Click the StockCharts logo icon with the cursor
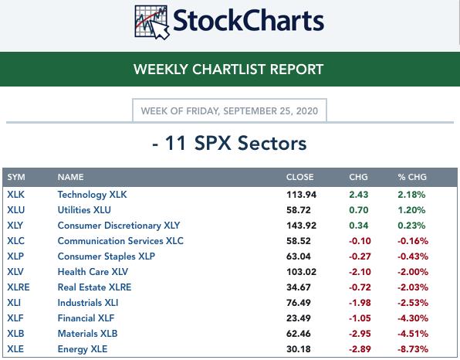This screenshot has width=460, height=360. [x=152, y=22]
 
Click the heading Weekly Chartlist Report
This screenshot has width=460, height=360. [x=228, y=70]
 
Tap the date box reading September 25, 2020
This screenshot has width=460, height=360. [x=229, y=110]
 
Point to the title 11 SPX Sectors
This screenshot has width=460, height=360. [x=229, y=143]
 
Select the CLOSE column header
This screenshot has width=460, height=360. [x=299, y=177]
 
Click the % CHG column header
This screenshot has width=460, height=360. [x=412, y=177]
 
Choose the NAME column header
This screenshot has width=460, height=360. [x=71, y=177]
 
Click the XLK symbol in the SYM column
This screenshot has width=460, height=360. [x=16, y=195]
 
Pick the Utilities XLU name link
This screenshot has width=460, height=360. [x=84, y=210]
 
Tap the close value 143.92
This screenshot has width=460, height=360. [x=301, y=226]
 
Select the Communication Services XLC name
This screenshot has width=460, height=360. [x=120, y=241]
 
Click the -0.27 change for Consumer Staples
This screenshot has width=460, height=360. [x=360, y=256]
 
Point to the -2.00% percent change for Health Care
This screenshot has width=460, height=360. [x=413, y=272]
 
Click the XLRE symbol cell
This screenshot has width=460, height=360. [x=19, y=287]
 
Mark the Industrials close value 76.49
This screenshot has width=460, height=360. [x=299, y=303]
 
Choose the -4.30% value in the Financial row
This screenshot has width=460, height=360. [x=413, y=318]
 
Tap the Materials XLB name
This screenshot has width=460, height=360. [x=87, y=334]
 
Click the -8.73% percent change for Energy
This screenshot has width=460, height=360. [x=413, y=349]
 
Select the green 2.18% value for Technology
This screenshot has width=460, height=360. [x=411, y=195]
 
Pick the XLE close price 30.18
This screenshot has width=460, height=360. [x=299, y=349]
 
